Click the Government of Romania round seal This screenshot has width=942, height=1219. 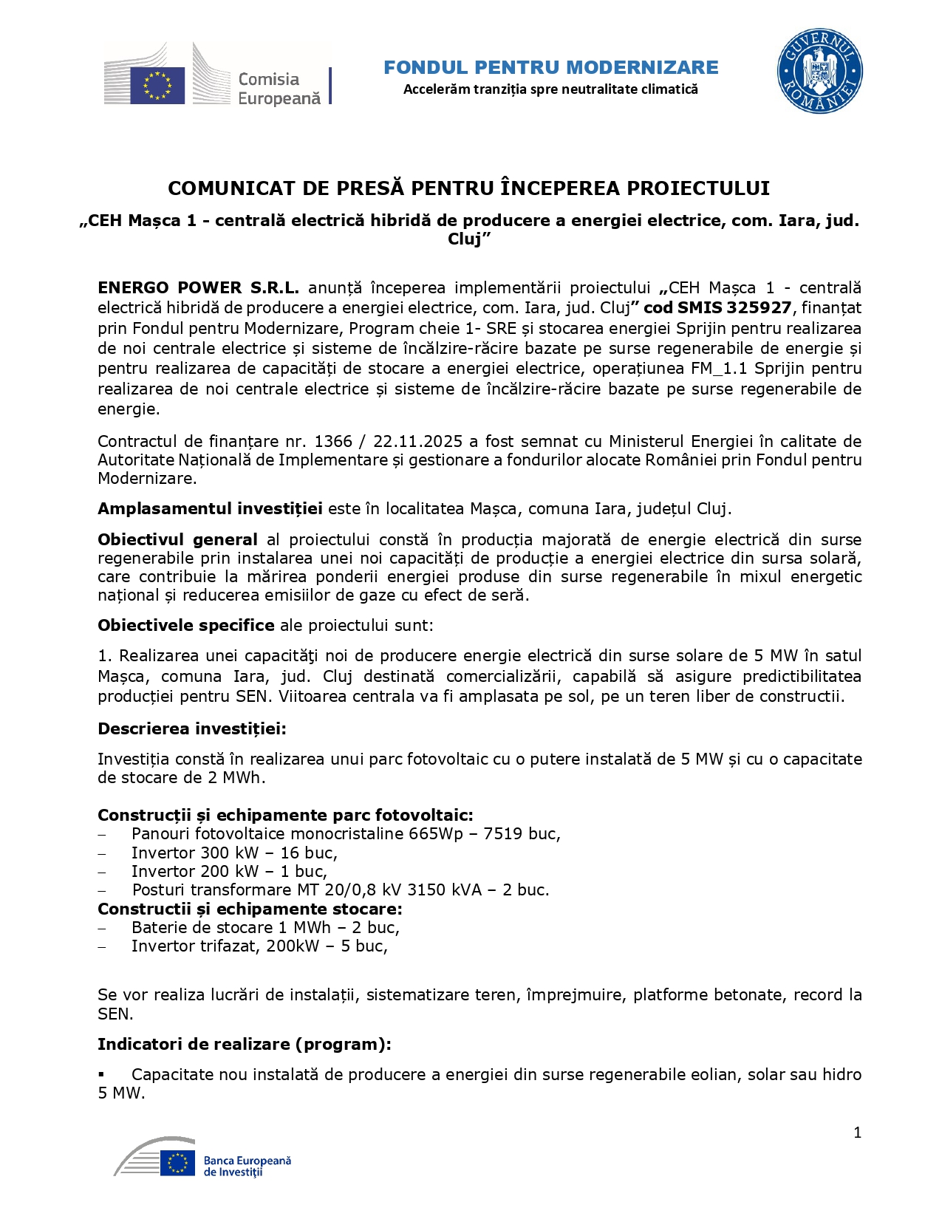click(x=819, y=72)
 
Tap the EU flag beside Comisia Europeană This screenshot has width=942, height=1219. click(x=157, y=85)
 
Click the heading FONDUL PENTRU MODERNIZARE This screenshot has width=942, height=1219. click(x=550, y=68)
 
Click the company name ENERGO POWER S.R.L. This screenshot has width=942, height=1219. click(x=198, y=288)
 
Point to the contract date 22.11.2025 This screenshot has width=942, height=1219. click(x=417, y=442)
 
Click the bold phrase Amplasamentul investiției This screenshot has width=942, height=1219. click(x=210, y=509)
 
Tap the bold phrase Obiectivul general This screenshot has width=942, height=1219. click(x=177, y=540)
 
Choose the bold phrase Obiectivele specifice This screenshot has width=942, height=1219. click(x=186, y=626)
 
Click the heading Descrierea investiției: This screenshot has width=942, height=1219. click(x=192, y=729)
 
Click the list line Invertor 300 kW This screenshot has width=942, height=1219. click(x=233, y=853)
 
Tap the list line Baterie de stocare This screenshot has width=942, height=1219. click(x=264, y=928)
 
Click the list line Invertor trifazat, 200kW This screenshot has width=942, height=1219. click(x=259, y=946)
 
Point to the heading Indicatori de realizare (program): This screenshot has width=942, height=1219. click(x=245, y=1045)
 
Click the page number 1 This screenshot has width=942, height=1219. click(x=857, y=1133)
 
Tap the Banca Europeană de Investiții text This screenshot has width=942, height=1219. click(x=247, y=1167)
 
